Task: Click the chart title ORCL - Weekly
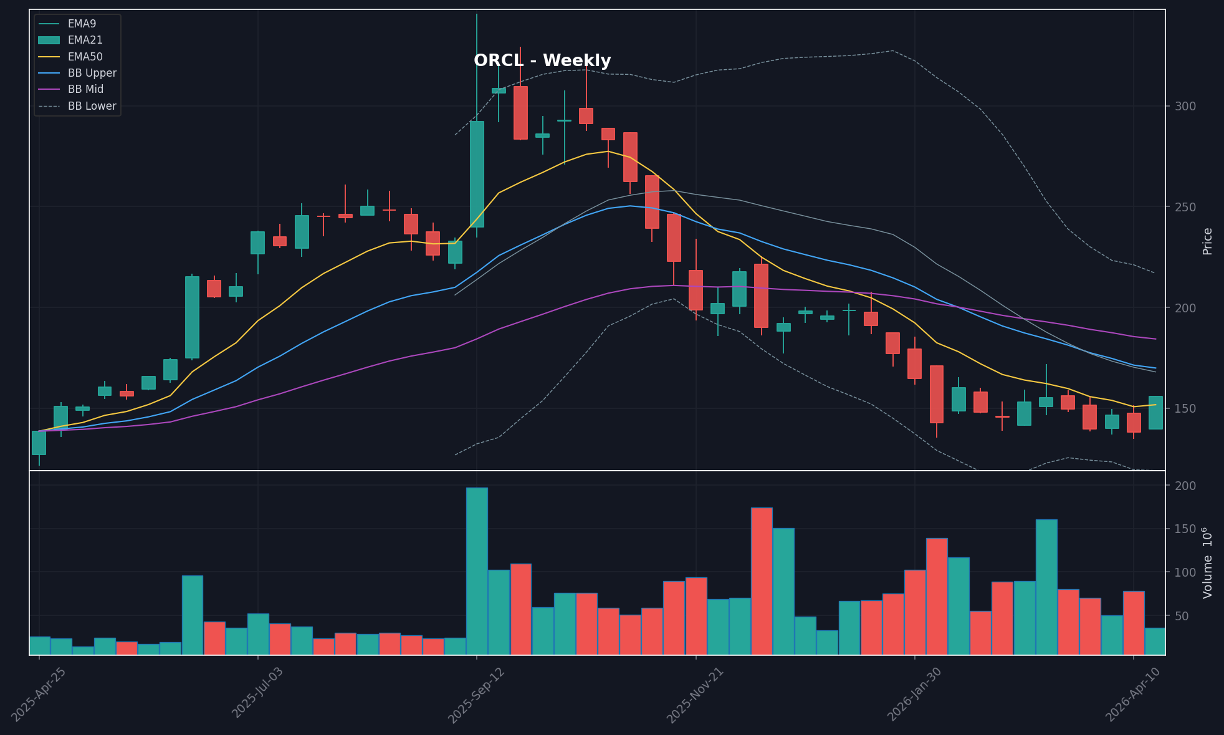(x=542, y=61)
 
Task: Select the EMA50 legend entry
(x=85, y=57)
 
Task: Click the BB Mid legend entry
(x=85, y=89)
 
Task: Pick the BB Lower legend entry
(x=92, y=106)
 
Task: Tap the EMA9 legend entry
(x=82, y=24)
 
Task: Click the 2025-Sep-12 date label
(x=477, y=695)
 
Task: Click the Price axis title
(x=1207, y=241)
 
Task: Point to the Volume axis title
(x=1207, y=563)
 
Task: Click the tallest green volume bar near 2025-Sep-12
(x=477, y=570)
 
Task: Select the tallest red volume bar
(x=762, y=581)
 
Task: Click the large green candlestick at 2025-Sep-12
(x=477, y=174)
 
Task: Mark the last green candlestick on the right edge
(x=1155, y=413)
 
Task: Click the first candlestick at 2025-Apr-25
(x=39, y=443)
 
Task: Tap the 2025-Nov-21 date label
(x=695, y=695)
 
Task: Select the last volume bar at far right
(x=1155, y=641)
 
